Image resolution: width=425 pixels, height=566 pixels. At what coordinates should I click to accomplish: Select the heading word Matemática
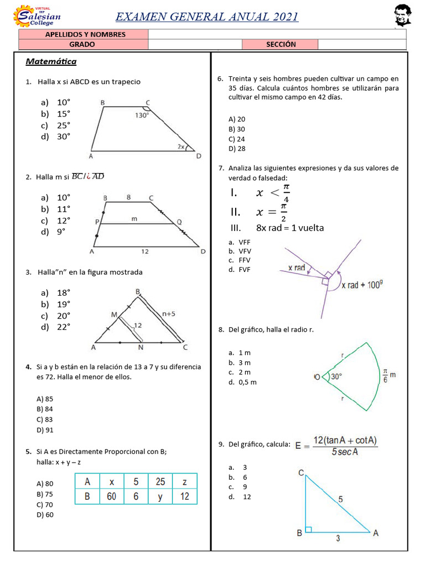[51, 61]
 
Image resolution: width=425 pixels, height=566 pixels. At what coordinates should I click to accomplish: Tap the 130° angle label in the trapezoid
[142, 116]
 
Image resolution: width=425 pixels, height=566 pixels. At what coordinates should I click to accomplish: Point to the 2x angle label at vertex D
[181, 146]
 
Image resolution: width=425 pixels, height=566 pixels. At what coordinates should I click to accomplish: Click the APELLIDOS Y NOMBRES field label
[85, 34]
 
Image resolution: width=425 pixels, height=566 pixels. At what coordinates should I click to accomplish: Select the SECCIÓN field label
[281, 44]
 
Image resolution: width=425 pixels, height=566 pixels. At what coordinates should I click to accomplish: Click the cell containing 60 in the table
[111, 496]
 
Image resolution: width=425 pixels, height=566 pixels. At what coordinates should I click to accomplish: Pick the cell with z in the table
[184, 481]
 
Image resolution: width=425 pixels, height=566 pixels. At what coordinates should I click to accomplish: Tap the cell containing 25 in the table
[160, 481]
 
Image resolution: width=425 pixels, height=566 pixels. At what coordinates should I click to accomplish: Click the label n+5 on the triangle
[169, 313]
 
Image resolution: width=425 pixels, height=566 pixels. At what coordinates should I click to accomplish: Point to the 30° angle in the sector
[336, 376]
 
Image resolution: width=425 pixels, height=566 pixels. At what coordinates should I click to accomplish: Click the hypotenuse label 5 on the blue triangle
[340, 499]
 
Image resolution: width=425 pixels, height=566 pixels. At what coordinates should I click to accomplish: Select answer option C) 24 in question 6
[237, 139]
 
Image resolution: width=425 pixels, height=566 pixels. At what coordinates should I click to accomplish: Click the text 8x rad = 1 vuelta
[289, 228]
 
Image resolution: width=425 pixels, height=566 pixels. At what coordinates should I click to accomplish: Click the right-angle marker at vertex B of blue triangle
[308, 529]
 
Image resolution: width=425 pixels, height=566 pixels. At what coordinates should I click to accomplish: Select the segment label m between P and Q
[134, 219]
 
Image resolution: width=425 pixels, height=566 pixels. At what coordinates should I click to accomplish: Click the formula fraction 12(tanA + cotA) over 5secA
[344, 446]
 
